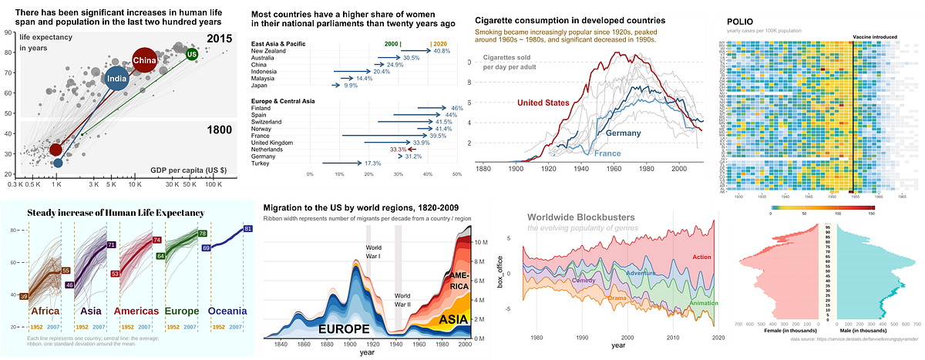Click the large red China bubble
pos(144,60)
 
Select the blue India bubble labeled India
pos(116,79)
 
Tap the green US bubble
pos(192,55)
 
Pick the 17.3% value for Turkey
pos(372,163)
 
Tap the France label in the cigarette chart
pos(607,154)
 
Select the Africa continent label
pos(45,311)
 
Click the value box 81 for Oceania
pos(247,229)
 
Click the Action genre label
pos(701,257)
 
